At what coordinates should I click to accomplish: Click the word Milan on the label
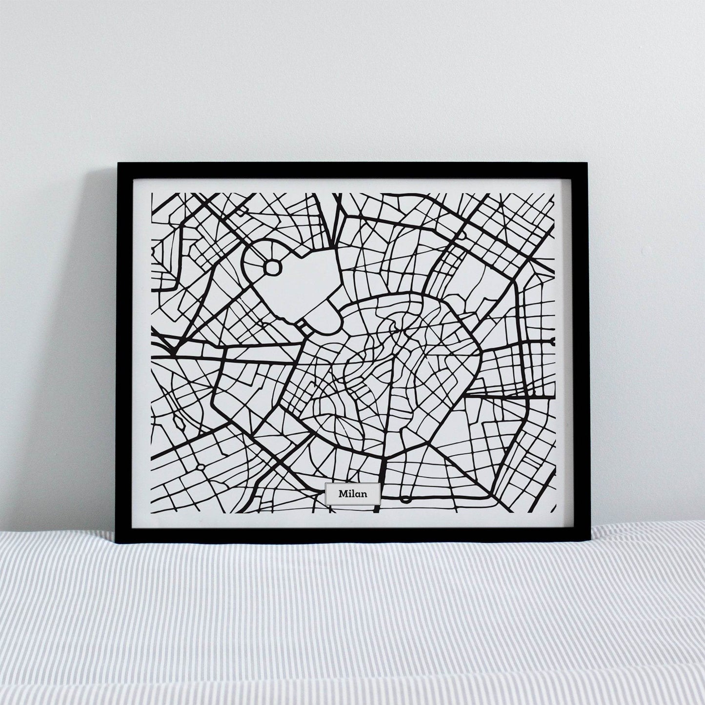352,494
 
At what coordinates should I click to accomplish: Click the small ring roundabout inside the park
273,267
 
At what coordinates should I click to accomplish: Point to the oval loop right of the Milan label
405,499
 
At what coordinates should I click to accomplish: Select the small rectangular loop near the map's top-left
242,210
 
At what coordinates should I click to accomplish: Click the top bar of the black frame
351,170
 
